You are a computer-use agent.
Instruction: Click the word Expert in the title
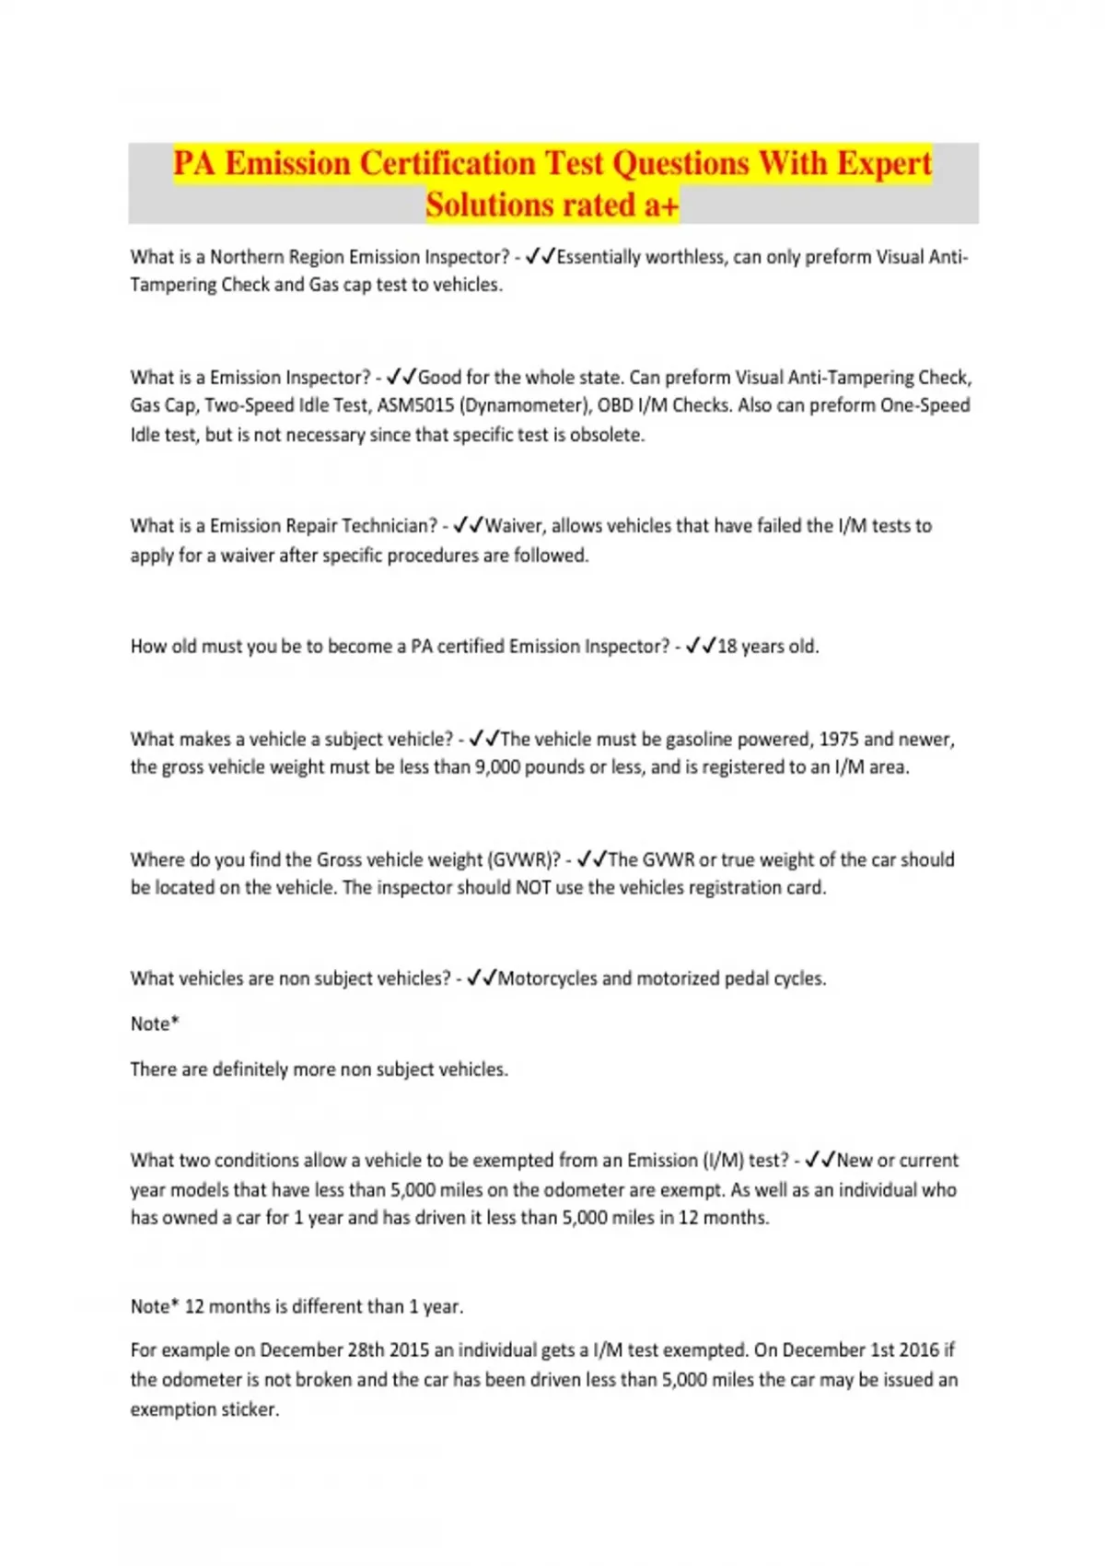883,164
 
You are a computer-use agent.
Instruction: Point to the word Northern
247,257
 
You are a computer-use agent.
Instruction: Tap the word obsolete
608,435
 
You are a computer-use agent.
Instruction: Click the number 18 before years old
727,647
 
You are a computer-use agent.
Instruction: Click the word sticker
250,1409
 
